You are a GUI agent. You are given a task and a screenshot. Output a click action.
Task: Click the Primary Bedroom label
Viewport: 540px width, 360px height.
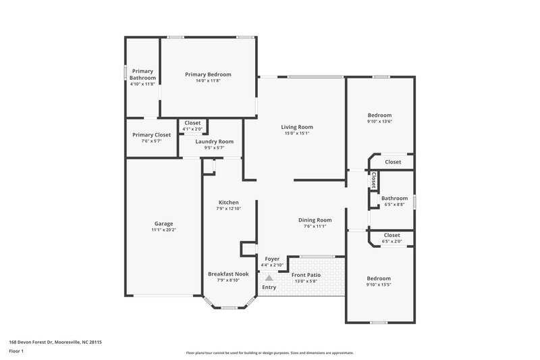[x=209, y=74]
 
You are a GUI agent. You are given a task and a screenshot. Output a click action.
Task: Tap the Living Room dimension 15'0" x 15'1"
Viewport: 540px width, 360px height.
[x=297, y=133]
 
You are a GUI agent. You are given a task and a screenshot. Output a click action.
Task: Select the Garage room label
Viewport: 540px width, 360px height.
[x=164, y=224]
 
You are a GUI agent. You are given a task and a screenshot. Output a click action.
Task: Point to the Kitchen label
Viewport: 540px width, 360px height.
[x=228, y=203]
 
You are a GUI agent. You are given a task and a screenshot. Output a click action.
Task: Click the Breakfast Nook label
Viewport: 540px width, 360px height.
[x=228, y=274]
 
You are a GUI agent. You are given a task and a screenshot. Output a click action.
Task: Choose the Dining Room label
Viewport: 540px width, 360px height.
[x=315, y=220]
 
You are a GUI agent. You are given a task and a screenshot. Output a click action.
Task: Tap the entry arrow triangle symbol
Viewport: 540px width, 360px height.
[x=269, y=278]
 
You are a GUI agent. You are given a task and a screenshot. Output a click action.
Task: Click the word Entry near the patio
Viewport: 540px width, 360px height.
[x=269, y=287]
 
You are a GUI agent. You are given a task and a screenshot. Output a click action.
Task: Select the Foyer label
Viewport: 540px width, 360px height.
[x=272, y=259]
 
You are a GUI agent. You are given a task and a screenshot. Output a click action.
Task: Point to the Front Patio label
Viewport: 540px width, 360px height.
[x=306, y=275]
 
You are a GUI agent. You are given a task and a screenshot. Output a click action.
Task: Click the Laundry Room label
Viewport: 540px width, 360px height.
[x=215, y=141]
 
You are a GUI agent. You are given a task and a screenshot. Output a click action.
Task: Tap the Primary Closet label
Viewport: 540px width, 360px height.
[x=152, y=134]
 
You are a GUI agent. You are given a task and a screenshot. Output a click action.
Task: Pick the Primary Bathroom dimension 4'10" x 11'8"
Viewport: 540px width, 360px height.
[x=142, y=84]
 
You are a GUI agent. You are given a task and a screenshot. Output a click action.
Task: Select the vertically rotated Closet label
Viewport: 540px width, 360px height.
[x=373, y=180]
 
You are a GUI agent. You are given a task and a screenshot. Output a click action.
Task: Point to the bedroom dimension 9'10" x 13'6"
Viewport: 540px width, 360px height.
[x=379, y=122]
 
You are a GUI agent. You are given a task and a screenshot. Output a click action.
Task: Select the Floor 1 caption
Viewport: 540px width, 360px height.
[x=16, y=351]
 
